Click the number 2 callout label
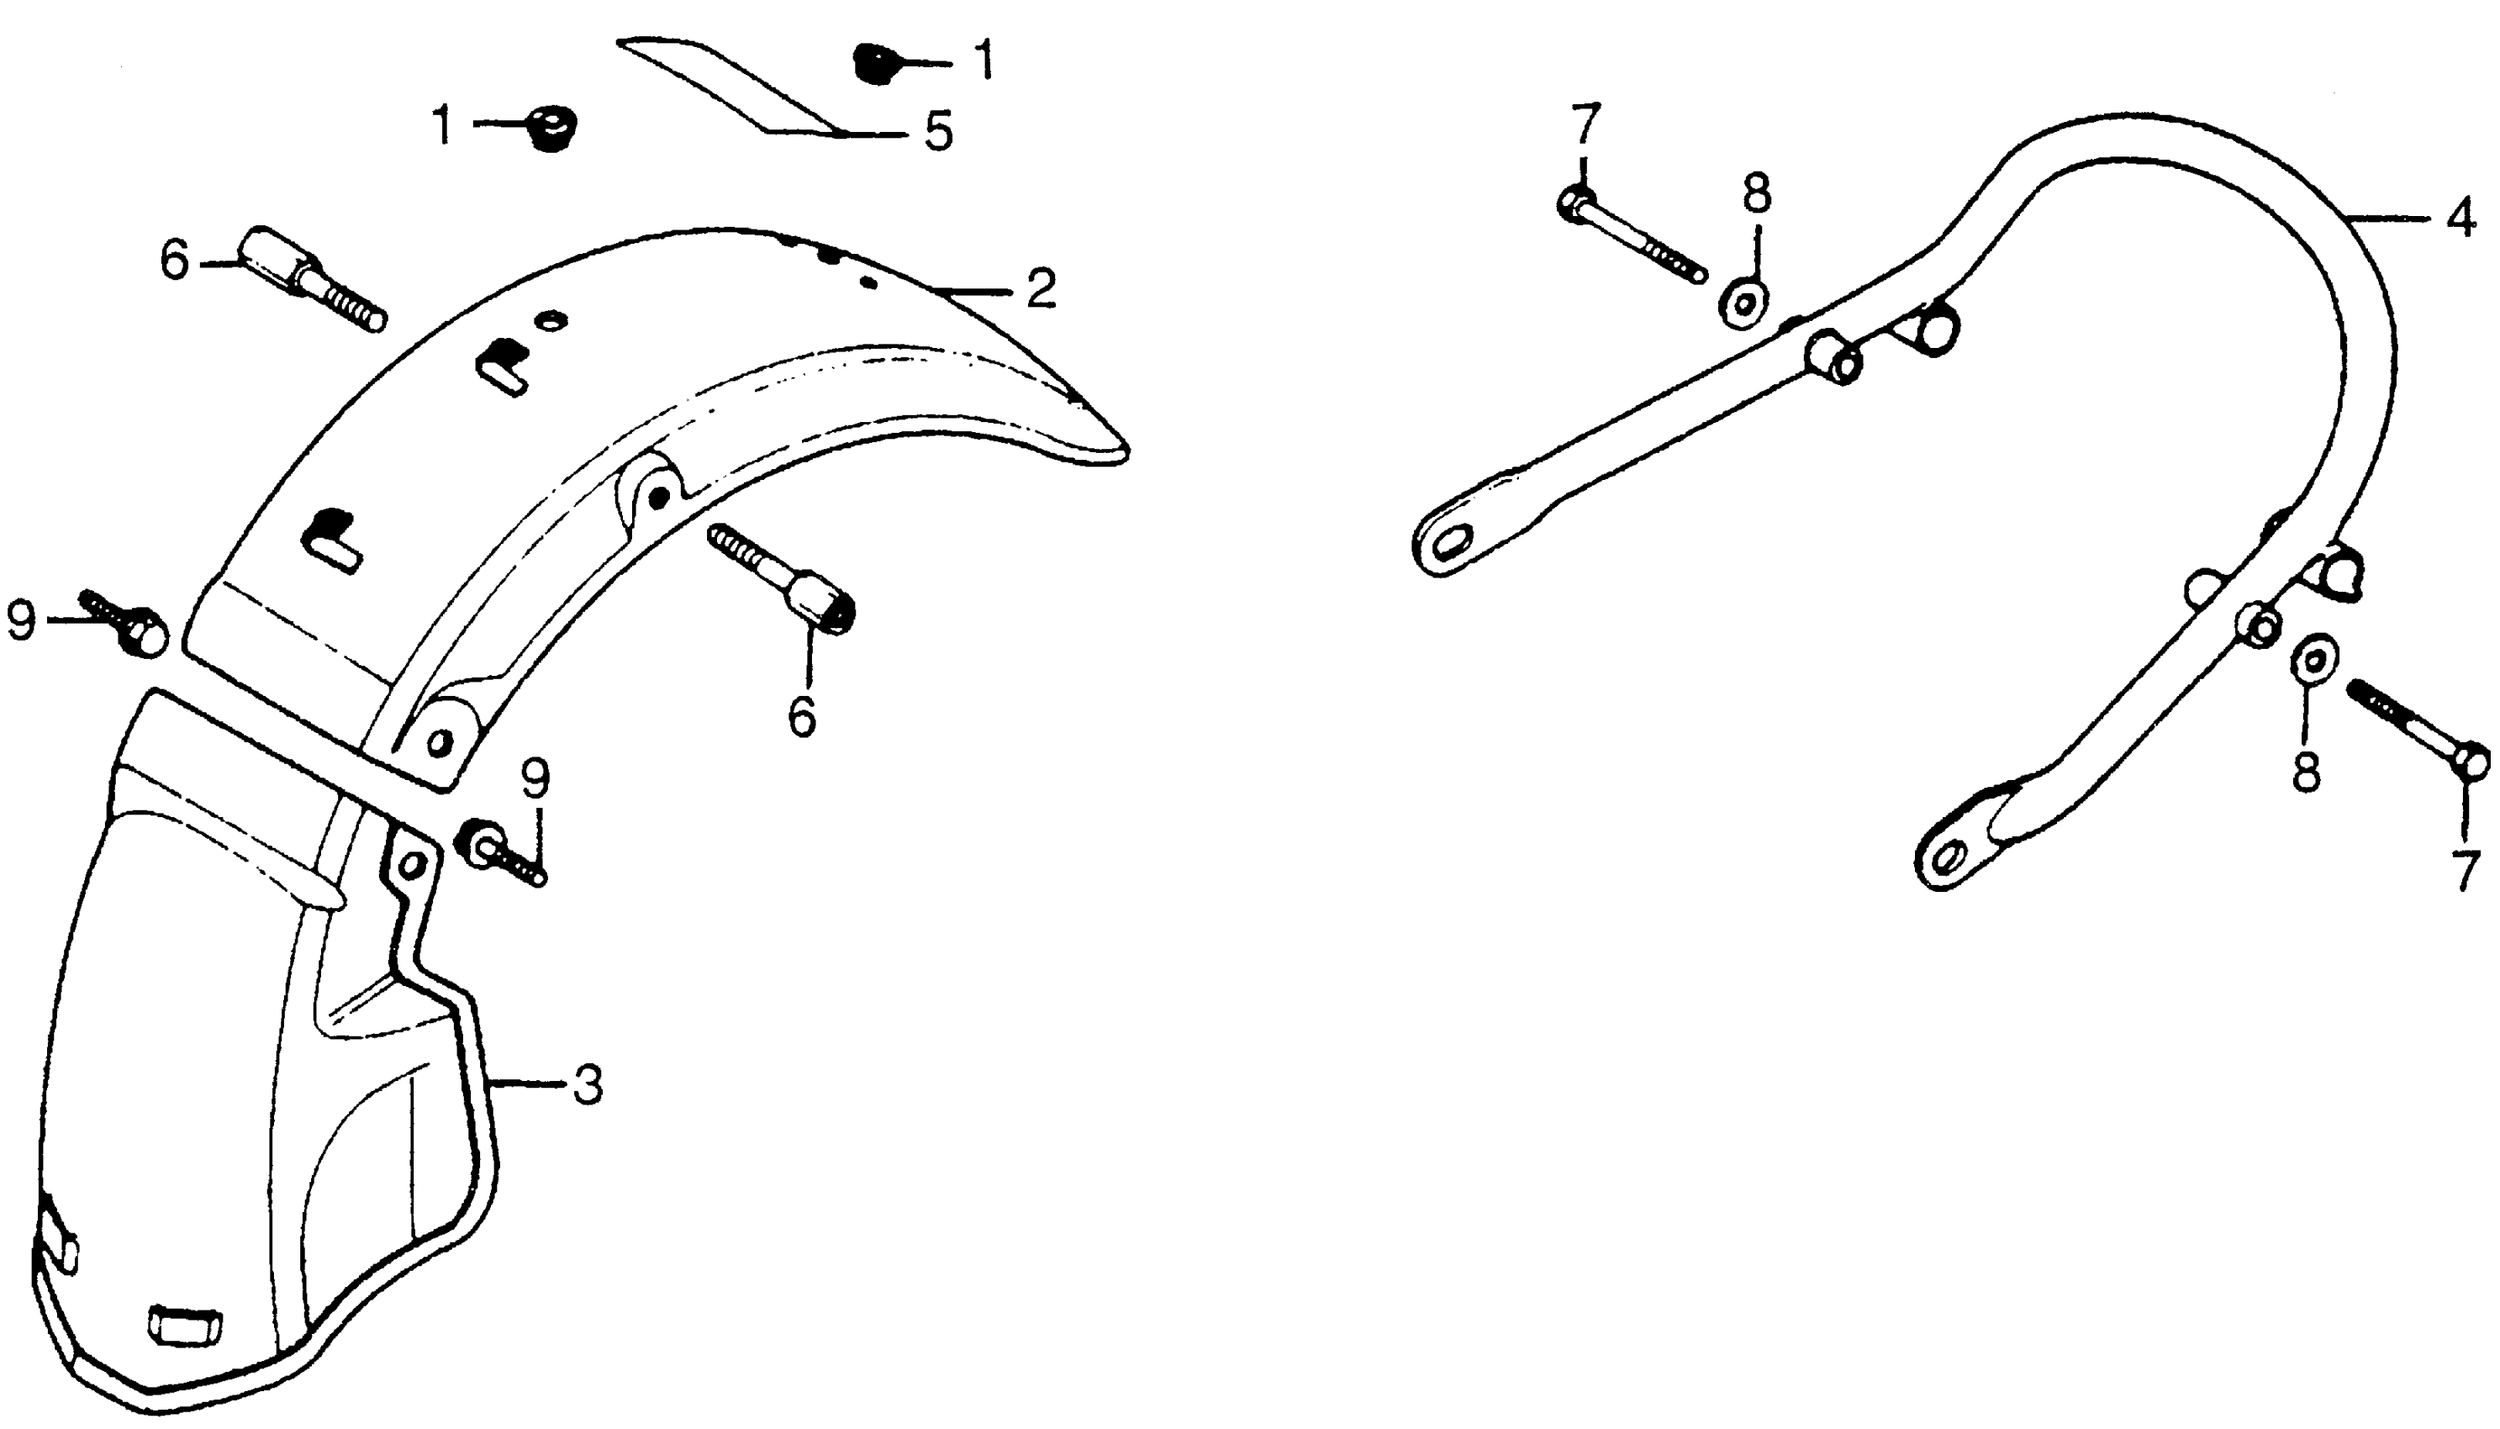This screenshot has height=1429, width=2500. tap(1040, 288)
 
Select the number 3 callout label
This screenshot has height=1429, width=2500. tap(588, 1084)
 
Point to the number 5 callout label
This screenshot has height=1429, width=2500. tap(938, 131)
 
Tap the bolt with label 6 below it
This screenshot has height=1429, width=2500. tap(785, 575)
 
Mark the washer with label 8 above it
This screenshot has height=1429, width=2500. tap(1743, 303)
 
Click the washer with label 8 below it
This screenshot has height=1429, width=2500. tap(2313, 662)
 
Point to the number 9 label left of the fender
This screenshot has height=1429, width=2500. tap(22, 620)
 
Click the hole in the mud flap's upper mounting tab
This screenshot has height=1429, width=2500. tap(413, 863)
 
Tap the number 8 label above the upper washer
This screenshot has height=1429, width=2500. tap(1756, 193)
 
